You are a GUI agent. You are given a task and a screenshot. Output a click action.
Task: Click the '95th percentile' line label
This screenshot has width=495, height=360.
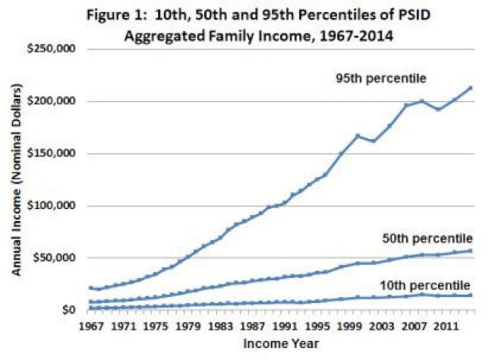coord(382,77)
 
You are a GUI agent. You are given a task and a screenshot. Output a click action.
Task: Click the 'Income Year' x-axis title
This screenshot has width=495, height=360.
coord(276,343)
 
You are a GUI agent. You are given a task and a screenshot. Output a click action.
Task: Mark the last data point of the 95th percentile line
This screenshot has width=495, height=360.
coord(471,88)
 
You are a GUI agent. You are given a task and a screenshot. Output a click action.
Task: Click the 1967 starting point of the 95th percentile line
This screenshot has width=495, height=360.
coord(91,288)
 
